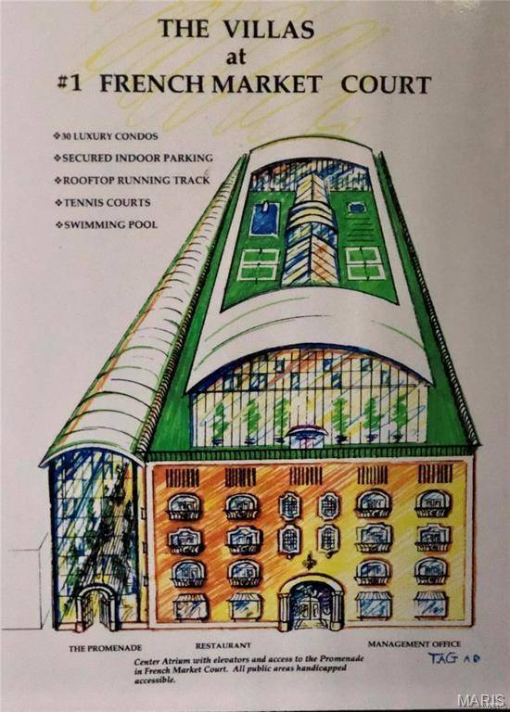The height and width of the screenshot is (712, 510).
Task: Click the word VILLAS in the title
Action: [269, 30]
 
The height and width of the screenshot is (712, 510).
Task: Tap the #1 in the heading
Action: [70, 83]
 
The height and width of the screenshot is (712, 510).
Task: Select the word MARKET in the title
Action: [266, 84]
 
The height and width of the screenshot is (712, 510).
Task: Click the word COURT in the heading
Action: [386, 85]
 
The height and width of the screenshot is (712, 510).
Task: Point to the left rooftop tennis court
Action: [259, 265]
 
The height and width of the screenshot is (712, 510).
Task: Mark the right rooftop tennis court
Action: [364, 263]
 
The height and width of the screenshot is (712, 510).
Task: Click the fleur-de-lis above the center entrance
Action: [310, 562]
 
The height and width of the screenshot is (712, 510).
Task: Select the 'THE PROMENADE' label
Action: [106, 648]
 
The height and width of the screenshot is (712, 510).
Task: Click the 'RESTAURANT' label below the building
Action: [223, 645]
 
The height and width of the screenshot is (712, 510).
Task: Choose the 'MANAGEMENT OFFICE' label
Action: [414, 644]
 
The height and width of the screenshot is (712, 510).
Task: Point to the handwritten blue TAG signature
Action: [453, 658]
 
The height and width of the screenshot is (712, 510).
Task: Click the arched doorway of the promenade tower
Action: [96, 608]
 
